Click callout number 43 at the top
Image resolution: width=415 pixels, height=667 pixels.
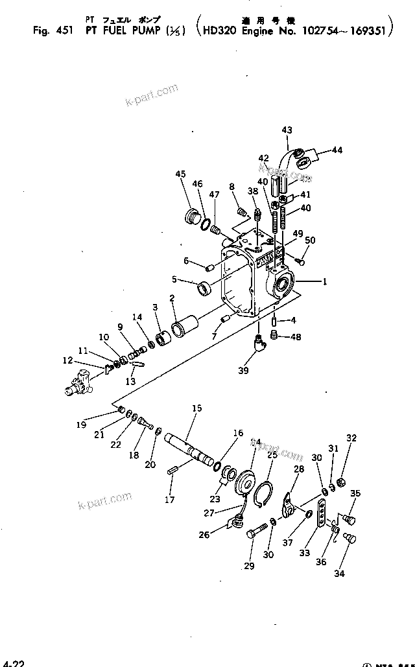(x=287, y=130)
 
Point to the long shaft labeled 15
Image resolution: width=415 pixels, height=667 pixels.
(x=191, y=447)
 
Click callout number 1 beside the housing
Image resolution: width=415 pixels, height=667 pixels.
(x=326, y=281)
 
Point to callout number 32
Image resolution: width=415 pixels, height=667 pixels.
(x=351, y=438)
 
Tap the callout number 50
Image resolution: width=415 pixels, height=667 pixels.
(x=310, y=240)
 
